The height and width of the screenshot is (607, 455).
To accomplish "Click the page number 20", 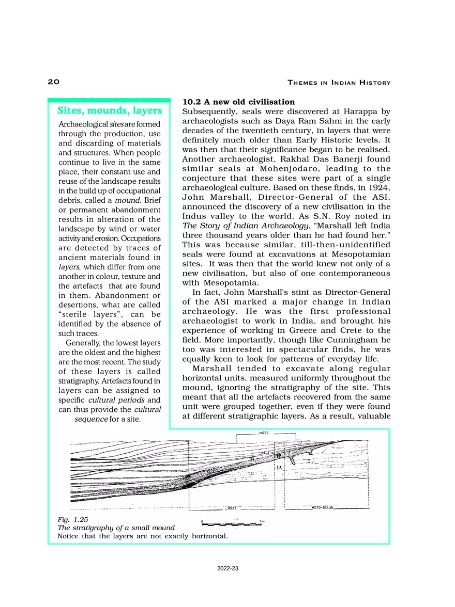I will (54, 82).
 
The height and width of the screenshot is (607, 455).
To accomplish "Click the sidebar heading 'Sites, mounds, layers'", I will (109, 110).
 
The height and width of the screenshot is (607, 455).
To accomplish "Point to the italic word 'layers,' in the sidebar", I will (69, 267).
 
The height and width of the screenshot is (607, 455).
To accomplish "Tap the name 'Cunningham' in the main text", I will (350, 340).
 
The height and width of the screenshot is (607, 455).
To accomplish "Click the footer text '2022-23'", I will (228, 568).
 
